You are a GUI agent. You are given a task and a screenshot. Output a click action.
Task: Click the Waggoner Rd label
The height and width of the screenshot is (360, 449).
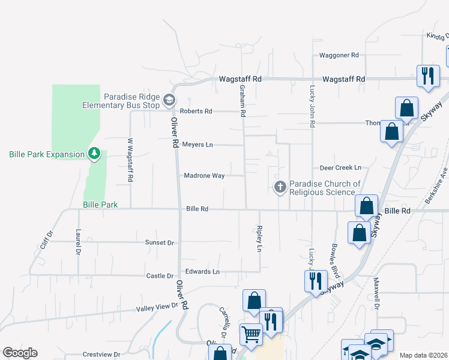coord(339,55)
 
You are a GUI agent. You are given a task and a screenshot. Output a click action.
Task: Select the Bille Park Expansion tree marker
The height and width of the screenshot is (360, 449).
coord(94,154)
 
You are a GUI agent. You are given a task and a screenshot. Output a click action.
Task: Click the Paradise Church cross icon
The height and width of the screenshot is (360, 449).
coord(280,187)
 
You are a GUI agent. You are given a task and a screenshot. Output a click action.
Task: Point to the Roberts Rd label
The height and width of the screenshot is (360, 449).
coord(196,111)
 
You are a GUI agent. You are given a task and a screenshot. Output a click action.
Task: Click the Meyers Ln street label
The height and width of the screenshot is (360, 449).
coord(197,145)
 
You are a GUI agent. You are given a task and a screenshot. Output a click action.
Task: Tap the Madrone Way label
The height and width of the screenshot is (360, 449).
coord(204,175)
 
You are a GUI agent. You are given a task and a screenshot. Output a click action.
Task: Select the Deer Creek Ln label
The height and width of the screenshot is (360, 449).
coord(340,168)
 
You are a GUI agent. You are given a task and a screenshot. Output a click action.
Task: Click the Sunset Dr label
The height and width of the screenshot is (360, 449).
coord(160,242)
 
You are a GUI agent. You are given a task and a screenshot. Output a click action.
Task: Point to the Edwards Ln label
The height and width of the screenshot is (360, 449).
coord(202,271)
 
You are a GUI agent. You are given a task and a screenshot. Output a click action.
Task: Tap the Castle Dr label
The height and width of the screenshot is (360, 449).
coord(160,276)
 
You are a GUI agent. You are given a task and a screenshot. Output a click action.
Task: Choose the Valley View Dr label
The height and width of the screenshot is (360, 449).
coord(158,307)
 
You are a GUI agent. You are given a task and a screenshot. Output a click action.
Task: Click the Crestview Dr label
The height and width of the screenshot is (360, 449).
coord(98,354)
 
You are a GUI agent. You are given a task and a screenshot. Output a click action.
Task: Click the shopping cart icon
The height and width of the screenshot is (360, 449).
coord(250,333)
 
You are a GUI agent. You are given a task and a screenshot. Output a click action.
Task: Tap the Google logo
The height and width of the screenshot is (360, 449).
coord(20,353)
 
